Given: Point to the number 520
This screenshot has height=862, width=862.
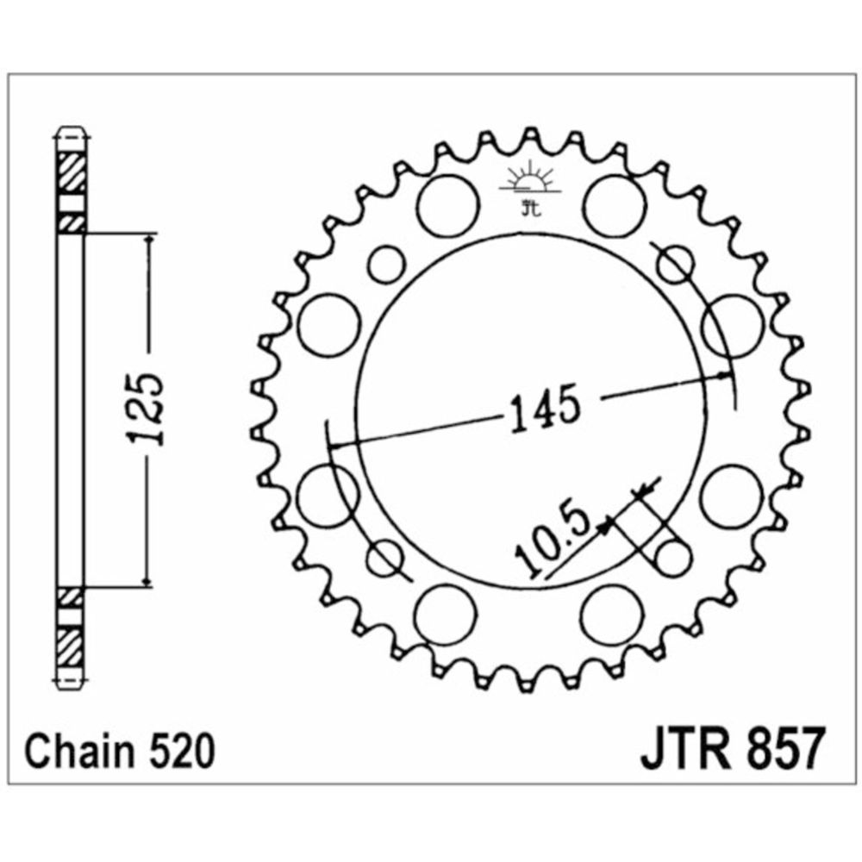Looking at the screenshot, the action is (181, 752).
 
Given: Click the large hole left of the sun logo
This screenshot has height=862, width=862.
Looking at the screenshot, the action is (447, 206).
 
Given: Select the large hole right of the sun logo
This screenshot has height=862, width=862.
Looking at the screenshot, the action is (614, 206).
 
